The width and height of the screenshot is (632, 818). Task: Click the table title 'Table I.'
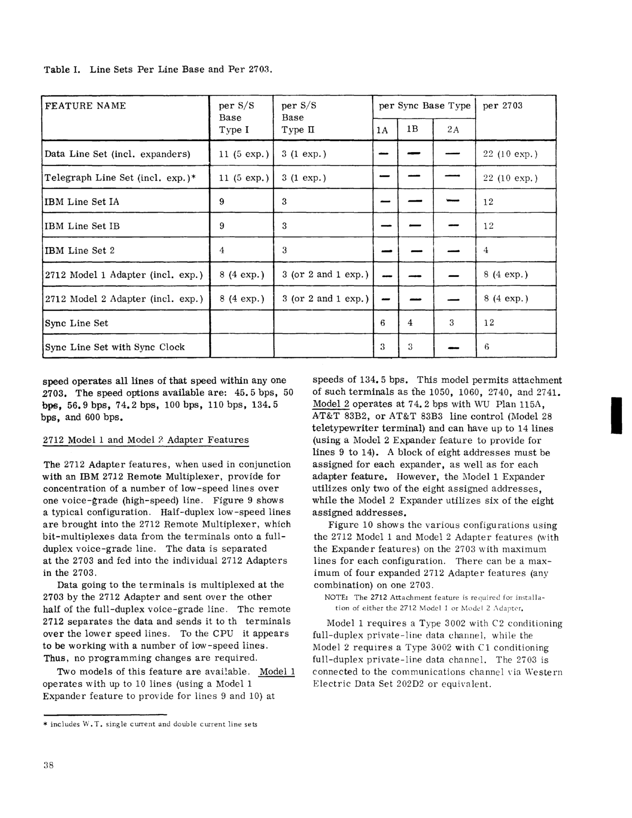coord(62,70)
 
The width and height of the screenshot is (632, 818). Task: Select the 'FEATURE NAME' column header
coord(85,106)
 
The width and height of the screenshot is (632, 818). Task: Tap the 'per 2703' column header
coord(502,106)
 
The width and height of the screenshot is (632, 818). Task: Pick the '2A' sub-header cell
coord(453,130)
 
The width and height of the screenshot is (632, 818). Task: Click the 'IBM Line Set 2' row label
coord(79,250)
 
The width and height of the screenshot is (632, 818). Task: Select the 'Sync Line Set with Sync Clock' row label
coord(115,347)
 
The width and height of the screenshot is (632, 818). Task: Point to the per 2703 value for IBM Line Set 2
coord(486,250)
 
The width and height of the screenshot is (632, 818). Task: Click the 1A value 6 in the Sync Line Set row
coord(383,323)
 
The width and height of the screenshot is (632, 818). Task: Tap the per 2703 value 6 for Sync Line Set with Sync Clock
coord(487,347)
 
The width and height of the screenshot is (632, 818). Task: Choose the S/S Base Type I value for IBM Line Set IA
coord(222,202)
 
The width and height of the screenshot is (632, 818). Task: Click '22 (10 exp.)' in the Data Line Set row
coord(510,154)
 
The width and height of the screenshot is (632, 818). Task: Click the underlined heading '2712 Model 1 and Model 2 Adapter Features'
coord(146,440)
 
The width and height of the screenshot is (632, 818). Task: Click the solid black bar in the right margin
coord(616,416)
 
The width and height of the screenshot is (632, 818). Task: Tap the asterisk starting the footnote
coord(45,724)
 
